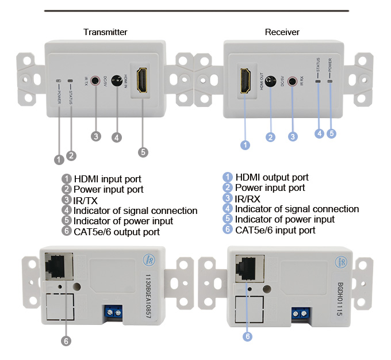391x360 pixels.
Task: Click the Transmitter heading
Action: pos(105,32)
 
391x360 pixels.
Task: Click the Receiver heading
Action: pos(282,32)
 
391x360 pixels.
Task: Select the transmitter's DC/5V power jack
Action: pos(118,80)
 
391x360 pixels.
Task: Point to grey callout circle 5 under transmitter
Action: pos(143,152)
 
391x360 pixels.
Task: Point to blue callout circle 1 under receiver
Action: pos(245,145)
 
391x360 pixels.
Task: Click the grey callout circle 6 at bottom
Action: pos(66,341)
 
